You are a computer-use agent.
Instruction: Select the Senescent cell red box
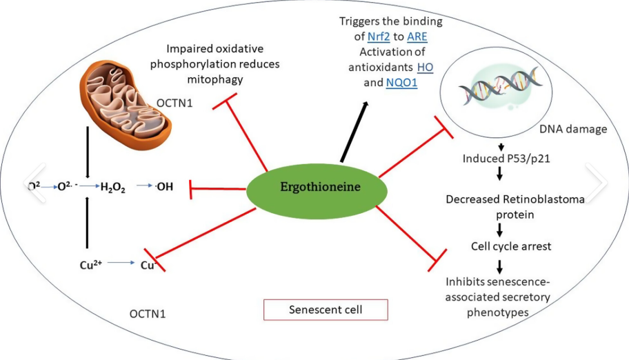coord(326,310)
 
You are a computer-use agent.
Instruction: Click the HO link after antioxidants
coord(426,68)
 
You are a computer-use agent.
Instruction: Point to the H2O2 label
coord(113,187)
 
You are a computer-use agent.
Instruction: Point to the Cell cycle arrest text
coord(502,246)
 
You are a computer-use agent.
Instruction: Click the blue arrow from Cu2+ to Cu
coord(121,263)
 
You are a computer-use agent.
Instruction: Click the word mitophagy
coord(216,79)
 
